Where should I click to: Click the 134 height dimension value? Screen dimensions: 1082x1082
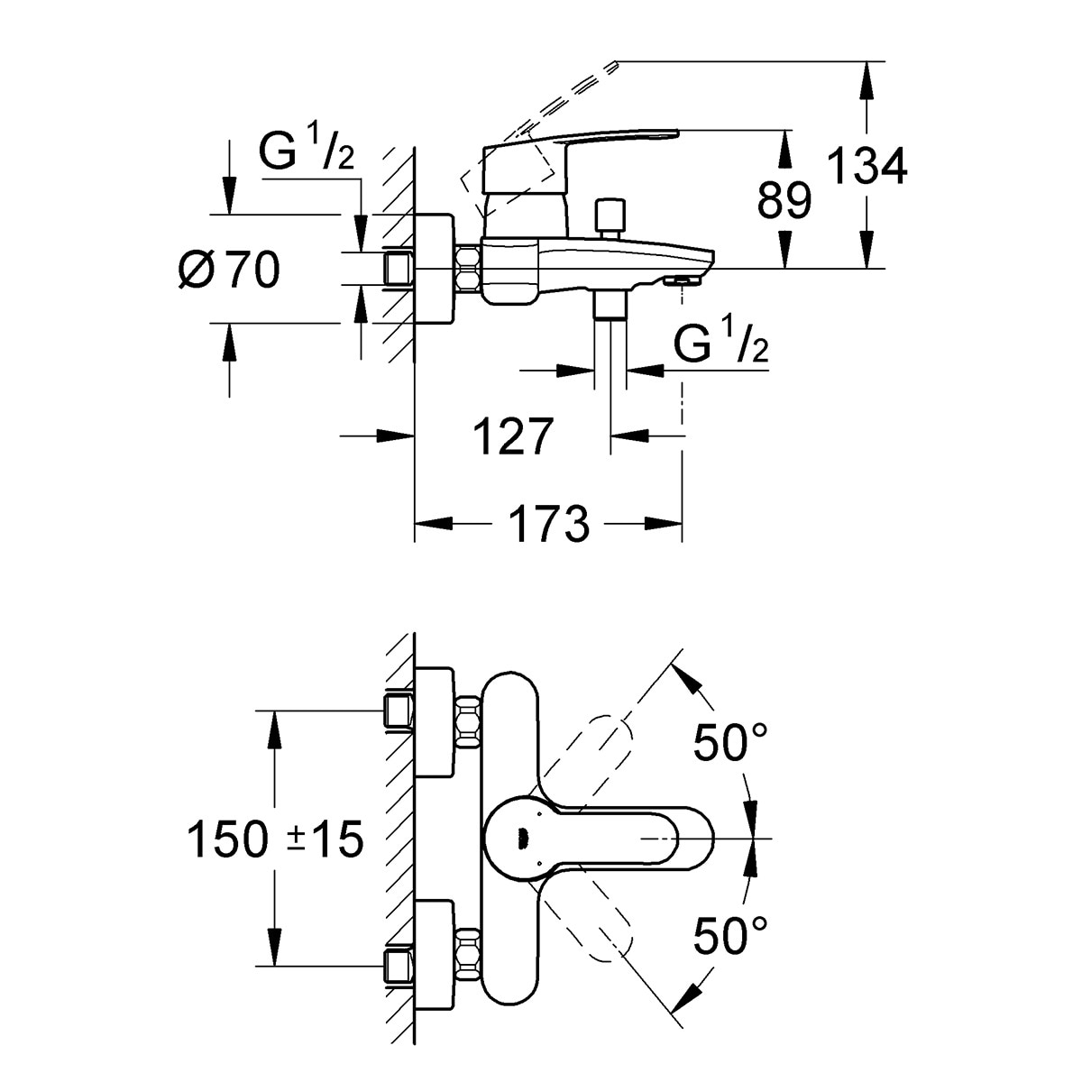coord(867,167)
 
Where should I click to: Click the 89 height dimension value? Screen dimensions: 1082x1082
coord(784,200)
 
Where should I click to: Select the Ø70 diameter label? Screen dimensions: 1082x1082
coord(229,269)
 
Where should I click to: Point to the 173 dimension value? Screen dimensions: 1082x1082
coord(549,524)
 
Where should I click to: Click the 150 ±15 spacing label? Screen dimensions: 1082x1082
coord(274,840)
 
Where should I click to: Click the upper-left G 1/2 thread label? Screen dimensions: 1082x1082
coord(306,153)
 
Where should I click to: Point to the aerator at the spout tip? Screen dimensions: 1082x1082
coord(683,280)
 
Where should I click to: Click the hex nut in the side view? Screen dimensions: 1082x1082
coord(467,269)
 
